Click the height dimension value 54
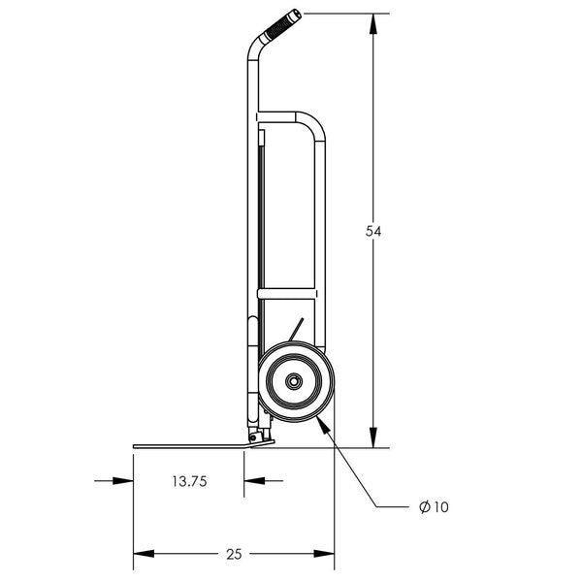372,231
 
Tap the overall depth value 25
233,554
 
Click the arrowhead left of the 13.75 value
126,480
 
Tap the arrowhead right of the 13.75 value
250,480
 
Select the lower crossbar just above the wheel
286,293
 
